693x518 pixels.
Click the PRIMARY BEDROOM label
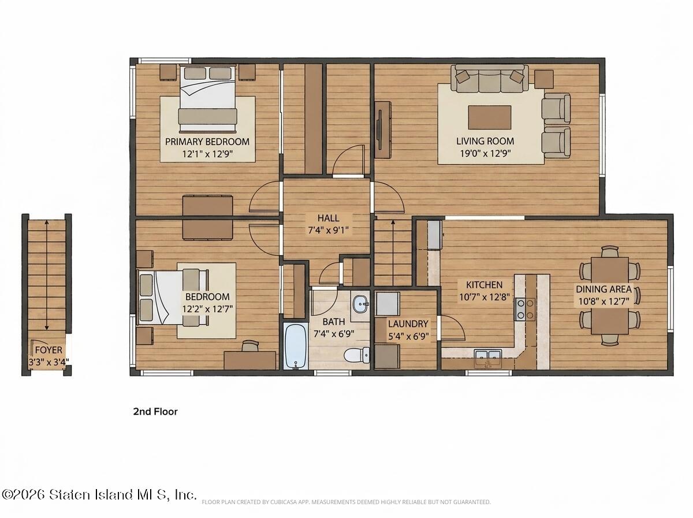(x=207, y=142)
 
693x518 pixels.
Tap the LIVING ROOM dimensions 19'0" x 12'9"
(x=485, y=154)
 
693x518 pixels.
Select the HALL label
(x=329, y=218)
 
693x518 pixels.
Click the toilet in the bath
(x=357, y=355)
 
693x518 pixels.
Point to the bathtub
(x=296, y=346)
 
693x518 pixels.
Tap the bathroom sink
(x=360, y=304)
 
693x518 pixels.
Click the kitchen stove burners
(x=525, y=309)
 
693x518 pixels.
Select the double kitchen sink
(x=488, y=358)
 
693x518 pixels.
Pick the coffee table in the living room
(x=490, y=117)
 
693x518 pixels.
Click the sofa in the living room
(x=490, y=79)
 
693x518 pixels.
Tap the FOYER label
(x=49, y=350)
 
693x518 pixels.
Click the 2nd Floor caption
(x=155, y=412)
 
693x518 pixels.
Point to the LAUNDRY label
(x=408, y=324)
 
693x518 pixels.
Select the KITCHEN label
(x=485, y=285)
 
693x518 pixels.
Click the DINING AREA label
(x=603, y=289)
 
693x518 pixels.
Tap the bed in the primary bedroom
(x=208, y=98)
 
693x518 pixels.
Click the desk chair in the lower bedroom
(x=250, y=346)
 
